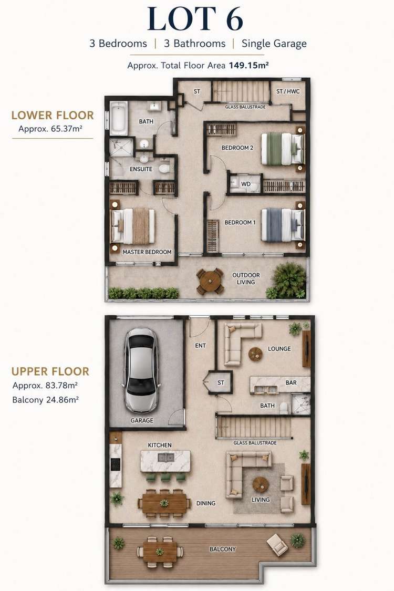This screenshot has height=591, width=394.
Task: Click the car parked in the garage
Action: (141, 369)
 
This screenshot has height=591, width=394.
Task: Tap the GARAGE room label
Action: (142, 420)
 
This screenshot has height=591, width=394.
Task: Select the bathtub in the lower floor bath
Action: (118, 118)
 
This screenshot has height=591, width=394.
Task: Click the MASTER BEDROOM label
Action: (147, 252)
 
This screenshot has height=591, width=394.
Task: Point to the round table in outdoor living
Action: (210, 281)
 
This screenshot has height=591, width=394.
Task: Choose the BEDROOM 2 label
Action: (237, 148)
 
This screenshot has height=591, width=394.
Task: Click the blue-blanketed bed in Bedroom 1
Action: (283, 225)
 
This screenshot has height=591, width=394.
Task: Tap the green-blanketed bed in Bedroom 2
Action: (283, 149)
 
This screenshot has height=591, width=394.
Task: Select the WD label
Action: (246, 184)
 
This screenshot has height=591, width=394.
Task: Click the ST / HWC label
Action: (288, 91)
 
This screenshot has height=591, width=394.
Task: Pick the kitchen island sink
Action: (166, 458)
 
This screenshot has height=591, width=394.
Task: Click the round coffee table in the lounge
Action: (255, 354)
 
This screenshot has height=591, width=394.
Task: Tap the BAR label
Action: (291, 382)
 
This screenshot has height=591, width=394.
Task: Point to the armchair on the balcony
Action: (277, 545)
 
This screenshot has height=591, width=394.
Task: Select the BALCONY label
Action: (222, 549)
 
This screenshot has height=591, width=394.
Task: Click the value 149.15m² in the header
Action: (248, 65)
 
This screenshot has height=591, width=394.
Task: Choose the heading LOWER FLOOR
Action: (53, 116)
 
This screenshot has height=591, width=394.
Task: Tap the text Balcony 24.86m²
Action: (45, 400)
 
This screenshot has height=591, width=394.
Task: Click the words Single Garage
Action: (274, 44)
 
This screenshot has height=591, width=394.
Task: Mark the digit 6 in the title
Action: (234, 19)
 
